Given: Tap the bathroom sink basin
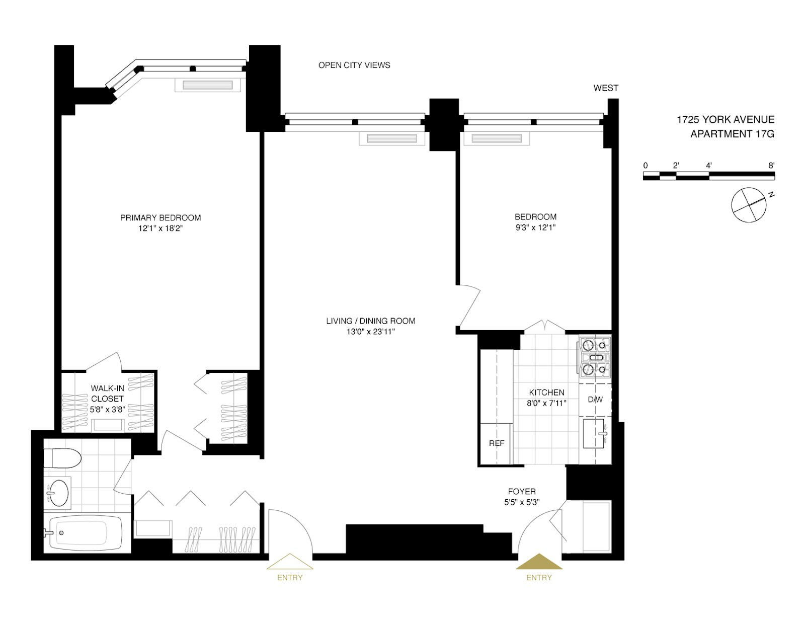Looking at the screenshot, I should coord(59,491).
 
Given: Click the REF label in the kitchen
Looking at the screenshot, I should coord(497,443).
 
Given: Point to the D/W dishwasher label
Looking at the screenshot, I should coord(595,400).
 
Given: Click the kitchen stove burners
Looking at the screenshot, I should coord(594,358).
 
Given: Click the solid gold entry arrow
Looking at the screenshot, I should coord(539,562).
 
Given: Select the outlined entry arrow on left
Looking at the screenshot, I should coord(290,562).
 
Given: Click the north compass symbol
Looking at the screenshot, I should coord(750,204).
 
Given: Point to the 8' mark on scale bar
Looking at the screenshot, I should coord(771,166).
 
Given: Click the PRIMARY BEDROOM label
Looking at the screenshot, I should coord(160,217).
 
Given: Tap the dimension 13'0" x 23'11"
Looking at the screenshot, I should coord(370,331).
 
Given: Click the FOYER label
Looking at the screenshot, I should coord(522,491).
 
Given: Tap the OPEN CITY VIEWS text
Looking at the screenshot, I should coord(354,65).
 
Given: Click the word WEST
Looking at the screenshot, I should coord(606,88).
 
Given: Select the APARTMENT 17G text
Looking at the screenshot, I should coord(732,134).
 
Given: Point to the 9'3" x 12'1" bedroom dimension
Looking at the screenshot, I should coord(535,227).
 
